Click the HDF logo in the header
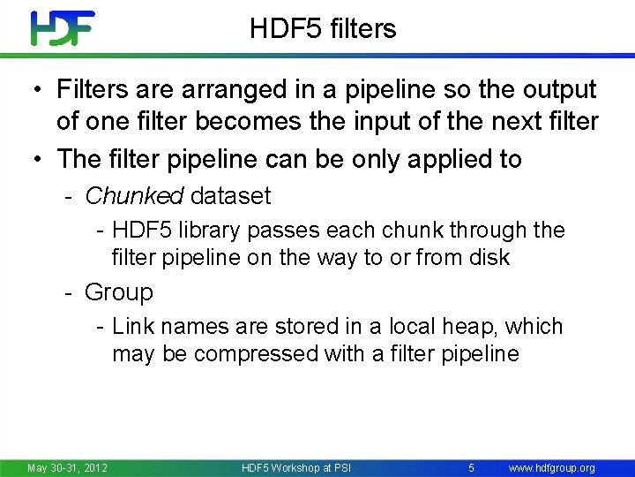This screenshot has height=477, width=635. pyautogui.click(x=62, y=28)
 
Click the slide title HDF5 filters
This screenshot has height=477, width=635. pyautogui.click(x=323, y=29)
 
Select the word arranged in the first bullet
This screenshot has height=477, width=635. pyautogui.click(x=227, y=90)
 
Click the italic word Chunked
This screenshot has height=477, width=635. pyautogui.click(x=133, y=195)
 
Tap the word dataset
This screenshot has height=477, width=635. pyautogui.click(x=231, y=195)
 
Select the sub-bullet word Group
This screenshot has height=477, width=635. pyautogui.click(x=118, y=292)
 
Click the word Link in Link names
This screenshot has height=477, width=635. pyautogui.click(x=134, y=327)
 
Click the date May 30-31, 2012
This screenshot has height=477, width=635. pyautogui.click(x=67, y=467)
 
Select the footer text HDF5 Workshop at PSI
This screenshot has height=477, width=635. pyautogui.click(x=296, y=467)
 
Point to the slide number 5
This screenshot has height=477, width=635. pyautogui.click(x=472, y=466)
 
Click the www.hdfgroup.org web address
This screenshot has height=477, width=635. pyautogui.click(x=552, y=467)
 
